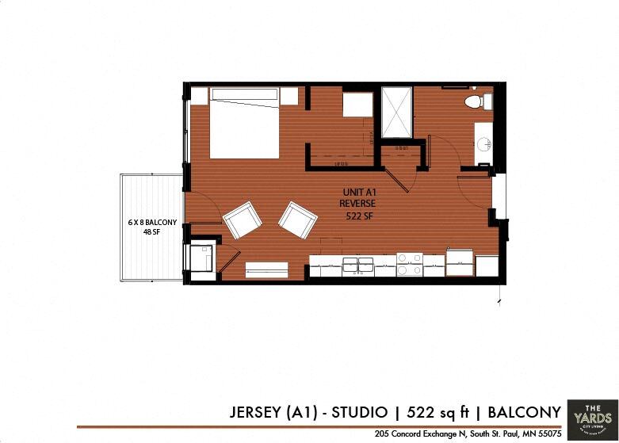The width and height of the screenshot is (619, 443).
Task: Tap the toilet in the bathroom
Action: tap(475, 101)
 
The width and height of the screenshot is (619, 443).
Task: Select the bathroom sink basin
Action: tap(484, 145)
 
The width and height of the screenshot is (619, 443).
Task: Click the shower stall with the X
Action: tap(397, 112)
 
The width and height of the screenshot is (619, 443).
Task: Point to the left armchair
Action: tap(243, 220)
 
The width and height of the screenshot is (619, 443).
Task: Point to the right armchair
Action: tap(297, 220)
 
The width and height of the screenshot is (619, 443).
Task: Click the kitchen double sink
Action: tap(357, 265)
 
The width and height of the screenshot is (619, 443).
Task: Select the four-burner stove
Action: tap(410, 264)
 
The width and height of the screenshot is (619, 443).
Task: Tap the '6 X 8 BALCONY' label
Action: tap(152, 223)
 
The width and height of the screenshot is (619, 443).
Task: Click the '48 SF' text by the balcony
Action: tap(151, 233)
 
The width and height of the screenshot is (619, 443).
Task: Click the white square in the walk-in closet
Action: tap(357, 105)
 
